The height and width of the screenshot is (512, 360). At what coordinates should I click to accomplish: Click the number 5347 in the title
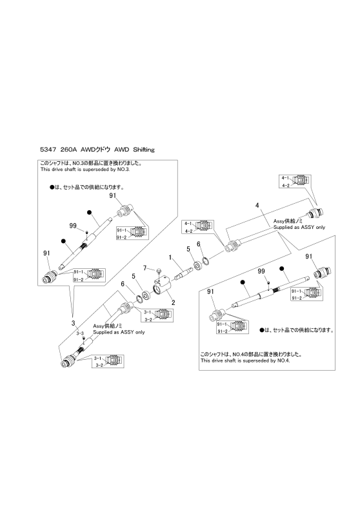click(47, 150)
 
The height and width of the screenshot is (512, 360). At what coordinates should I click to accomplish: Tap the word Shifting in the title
click(144, 150)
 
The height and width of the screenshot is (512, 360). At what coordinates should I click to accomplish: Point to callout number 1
click(170, 258)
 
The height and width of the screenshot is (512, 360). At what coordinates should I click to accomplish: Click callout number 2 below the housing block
click(173, 302)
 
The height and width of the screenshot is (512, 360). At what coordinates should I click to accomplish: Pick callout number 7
click(145, 268)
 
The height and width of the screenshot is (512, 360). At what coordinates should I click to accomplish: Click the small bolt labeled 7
click(159, 271)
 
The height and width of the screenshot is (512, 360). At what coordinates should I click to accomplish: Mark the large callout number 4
click(257, 206)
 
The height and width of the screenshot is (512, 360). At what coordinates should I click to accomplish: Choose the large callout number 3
click(74, 324)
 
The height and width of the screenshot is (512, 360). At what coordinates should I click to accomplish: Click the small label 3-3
click(81, 333)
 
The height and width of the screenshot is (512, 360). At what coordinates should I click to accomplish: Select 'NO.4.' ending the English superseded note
click(285, 361)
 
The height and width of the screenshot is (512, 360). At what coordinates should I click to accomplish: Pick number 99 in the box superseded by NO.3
click(73, 226)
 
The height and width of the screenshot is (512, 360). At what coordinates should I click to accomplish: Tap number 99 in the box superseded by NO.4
click(261, 271)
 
